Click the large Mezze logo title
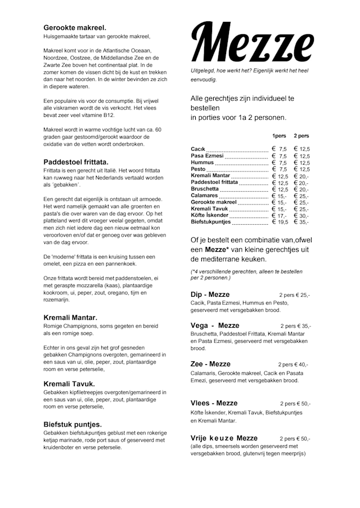point(252,44)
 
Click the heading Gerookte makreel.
point(75,27)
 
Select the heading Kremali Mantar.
point(70,317)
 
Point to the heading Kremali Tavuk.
point(69,384)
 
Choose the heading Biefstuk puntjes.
point(73,424)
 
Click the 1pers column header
point(279,136)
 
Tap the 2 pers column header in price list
point(301,136)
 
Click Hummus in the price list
point(202,162)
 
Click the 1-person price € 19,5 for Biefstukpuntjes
point(280,222)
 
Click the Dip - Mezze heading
point(210,294)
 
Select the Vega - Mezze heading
point(215,325)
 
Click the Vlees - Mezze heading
point(214,403)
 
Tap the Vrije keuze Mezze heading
point(224,438)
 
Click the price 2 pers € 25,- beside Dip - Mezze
point(294,295)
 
